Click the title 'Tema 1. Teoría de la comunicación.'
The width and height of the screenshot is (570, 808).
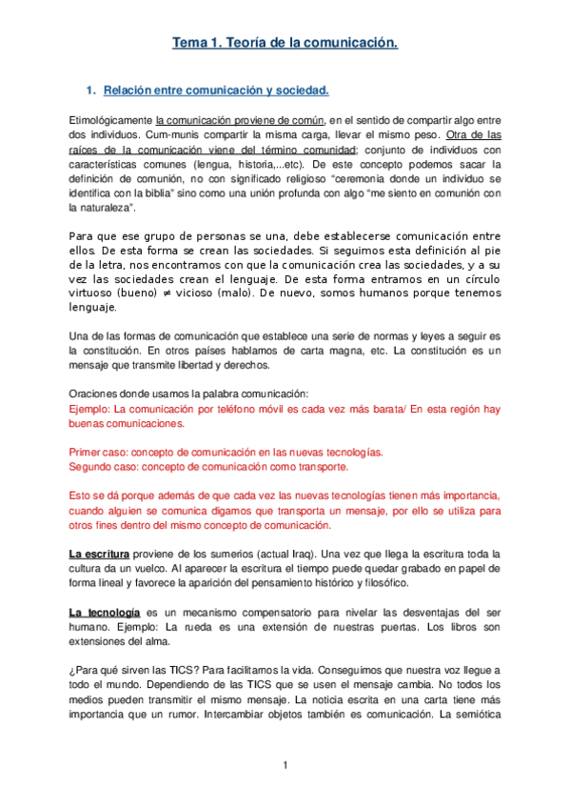pyautogui.click(x=285, y=43)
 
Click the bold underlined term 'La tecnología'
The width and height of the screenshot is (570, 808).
pyautogui.click(x=104, y=611)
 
